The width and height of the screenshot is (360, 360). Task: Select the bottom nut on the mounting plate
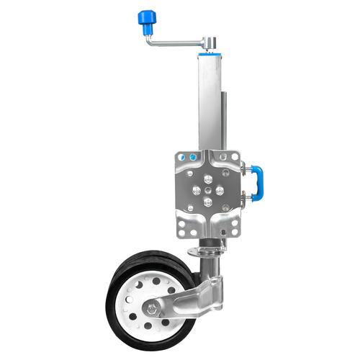207,203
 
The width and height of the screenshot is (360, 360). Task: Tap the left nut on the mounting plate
194,190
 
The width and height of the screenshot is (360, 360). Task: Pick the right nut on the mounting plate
220,190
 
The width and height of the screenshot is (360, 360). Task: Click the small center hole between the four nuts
207,190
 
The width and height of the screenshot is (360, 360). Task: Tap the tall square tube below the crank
208,101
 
